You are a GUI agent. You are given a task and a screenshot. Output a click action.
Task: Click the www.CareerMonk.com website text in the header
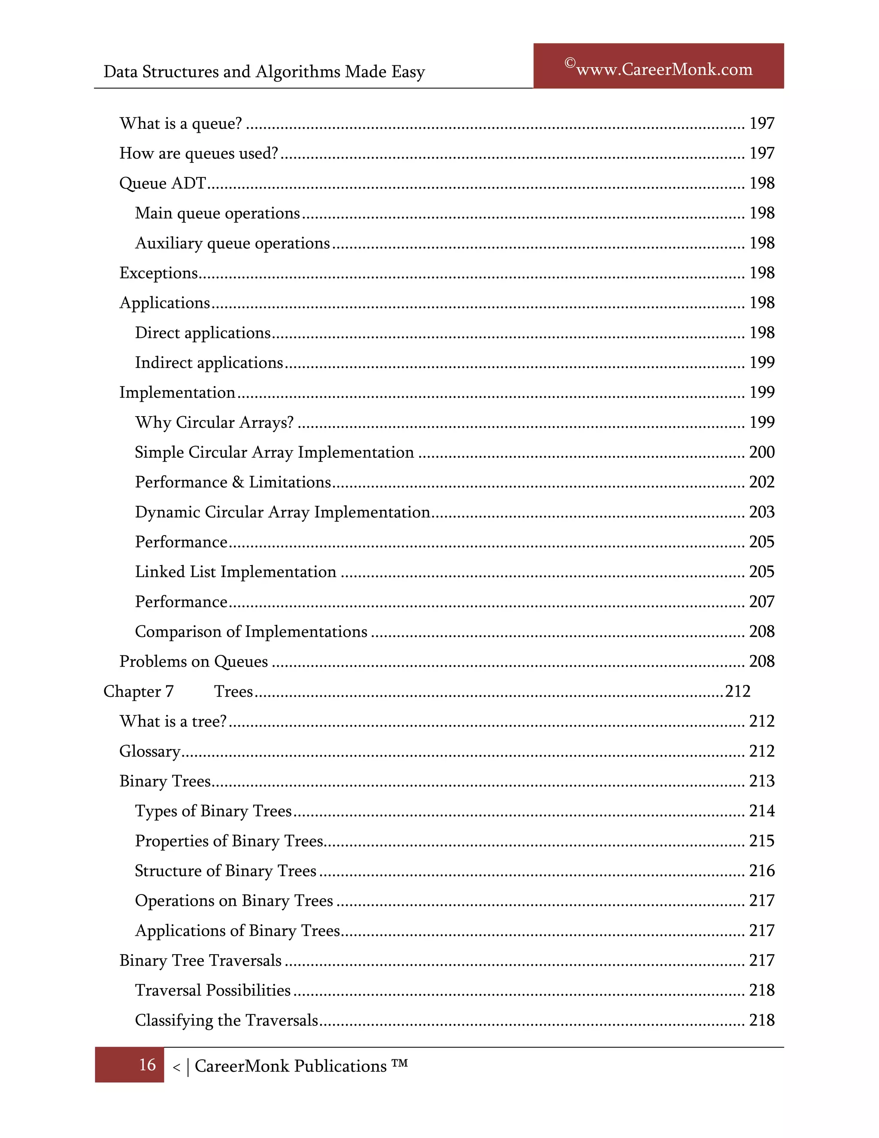[664, 69]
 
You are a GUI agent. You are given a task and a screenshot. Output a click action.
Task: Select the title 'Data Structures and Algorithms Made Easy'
[264, 71]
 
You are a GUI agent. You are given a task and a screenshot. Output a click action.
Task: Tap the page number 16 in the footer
[147, 1065]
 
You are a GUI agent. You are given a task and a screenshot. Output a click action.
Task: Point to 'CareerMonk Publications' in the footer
[291, 1066]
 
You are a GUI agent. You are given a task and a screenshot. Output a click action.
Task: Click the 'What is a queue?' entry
[181, 124]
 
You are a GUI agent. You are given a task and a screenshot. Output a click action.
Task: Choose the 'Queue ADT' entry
[163, 183]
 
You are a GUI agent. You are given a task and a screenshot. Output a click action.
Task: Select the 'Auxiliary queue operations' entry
[232, 243]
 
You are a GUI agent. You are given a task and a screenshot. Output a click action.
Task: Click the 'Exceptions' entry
[158, 273]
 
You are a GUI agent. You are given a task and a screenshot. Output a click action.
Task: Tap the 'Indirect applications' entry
[209, 363]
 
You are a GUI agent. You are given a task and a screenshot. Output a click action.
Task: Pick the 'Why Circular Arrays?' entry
[214, 423]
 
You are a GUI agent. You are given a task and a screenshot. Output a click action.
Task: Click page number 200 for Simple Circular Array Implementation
[761, 452]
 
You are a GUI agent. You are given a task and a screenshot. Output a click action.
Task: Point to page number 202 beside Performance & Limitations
[761, 482]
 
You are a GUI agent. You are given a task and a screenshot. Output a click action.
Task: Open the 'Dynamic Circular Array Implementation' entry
[282, 512]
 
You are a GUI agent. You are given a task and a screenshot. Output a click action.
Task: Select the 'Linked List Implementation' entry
[235, 572]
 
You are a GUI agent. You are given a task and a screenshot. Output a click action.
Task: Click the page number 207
[761, 602]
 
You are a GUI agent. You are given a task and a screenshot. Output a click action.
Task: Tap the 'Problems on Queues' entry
[193, 662]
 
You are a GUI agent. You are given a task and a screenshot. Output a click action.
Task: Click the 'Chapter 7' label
[139, 691]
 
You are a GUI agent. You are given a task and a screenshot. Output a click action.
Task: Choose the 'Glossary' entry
[149, 752]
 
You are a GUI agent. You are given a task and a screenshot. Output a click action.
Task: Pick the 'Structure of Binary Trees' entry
[225, 871]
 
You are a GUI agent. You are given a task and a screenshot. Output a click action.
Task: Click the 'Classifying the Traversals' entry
[226, 1020]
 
